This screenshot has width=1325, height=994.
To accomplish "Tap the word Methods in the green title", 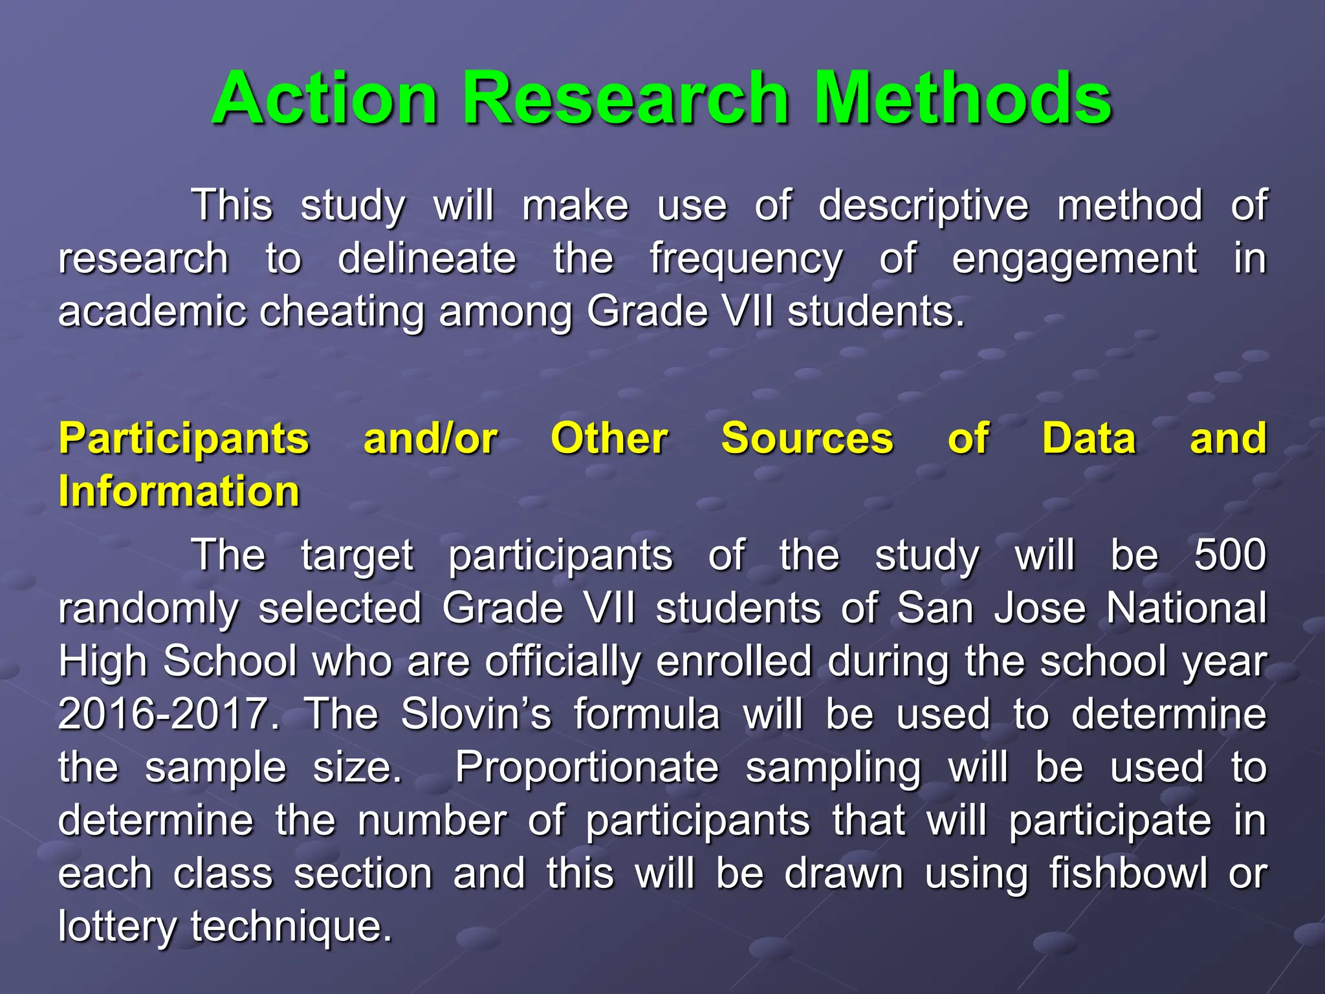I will point(963,98).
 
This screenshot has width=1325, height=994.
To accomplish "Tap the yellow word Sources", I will point(807,439).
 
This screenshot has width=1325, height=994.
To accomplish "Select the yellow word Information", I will point(179,491).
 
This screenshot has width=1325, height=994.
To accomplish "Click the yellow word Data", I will point(1089,439).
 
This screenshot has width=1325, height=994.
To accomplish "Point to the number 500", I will point(1229,555).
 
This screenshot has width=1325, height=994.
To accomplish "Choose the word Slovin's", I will point(476,714).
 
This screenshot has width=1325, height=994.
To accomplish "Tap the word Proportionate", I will point(587,768).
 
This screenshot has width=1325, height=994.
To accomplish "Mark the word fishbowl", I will point(1128,874).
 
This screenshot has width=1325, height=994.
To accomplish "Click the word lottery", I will point(116,926).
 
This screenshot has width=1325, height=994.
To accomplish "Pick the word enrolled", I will point(733,661).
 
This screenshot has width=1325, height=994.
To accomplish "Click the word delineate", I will point(427,260).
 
